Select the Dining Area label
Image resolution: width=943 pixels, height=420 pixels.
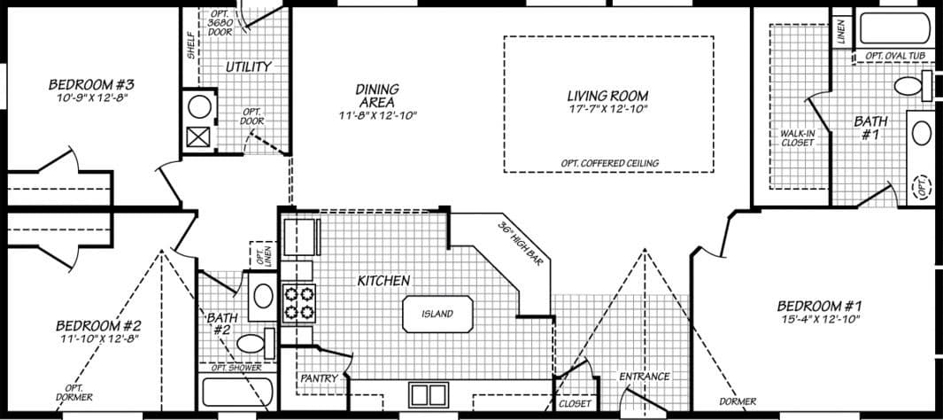click(x=377, y=95)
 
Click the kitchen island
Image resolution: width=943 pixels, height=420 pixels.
click(x=437, y=314)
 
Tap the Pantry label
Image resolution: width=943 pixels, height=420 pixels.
click(x=319, y=378)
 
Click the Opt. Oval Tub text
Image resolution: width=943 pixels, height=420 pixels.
click(x=894, y=56)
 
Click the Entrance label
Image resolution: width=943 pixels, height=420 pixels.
click(x=644, y=377)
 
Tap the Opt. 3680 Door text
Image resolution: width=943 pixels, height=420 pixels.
click(x=220, y=23)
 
